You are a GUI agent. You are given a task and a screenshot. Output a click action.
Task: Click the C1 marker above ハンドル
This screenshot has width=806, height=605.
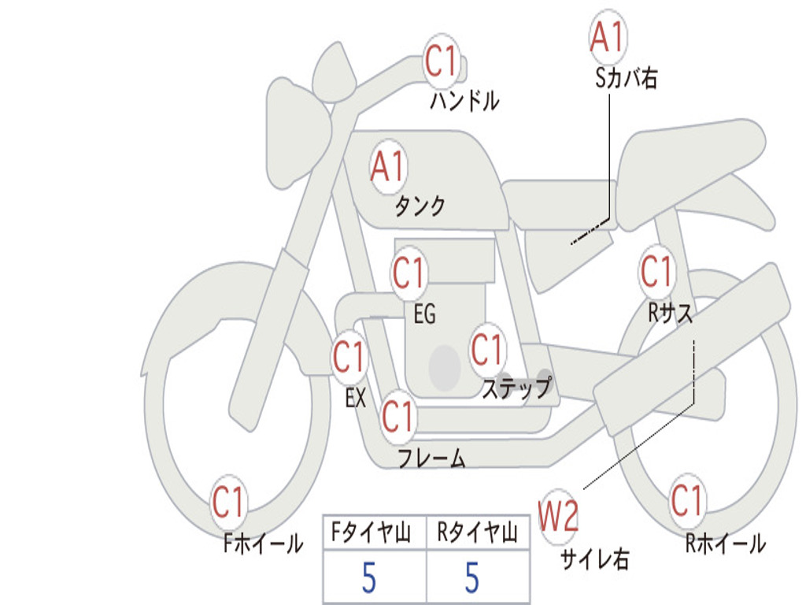click(x=442, y=61)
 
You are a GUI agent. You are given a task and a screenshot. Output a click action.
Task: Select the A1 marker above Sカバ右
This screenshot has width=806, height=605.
click(x=607, y=37)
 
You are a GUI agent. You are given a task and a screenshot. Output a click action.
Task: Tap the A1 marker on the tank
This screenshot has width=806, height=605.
click(x=387, y=166)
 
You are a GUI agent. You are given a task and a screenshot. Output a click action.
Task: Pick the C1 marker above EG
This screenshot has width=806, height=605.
click(x=409, y=274)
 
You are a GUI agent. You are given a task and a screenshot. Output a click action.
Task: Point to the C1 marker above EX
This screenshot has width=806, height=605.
click(x=349, y=358)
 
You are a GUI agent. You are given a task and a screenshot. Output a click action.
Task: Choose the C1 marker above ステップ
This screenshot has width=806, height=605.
click(x=486, y=350)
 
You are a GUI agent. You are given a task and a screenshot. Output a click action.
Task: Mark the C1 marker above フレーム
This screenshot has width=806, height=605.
click(x=397, y=416)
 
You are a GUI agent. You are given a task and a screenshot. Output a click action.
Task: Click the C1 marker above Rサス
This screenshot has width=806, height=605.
click(x=656, y=272)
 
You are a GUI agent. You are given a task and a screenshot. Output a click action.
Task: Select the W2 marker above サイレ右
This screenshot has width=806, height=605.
click(x=558, y=517)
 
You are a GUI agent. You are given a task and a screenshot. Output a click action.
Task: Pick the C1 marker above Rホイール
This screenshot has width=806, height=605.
click(x=687, y=500)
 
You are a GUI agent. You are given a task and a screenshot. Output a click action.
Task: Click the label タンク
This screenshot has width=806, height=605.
click(x=420, y=206)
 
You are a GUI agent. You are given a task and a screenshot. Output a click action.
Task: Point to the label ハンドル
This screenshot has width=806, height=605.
click(x=464, y=101)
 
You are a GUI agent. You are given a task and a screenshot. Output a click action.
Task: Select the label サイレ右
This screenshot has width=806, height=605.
click(x=594, y=559)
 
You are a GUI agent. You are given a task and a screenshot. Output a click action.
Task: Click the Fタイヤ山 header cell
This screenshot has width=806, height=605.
click(x=374, y=534)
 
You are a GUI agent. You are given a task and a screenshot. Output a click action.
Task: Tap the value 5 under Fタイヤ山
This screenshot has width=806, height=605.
click(x=369, y=577)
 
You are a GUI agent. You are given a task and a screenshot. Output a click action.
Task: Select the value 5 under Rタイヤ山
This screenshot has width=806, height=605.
click(x=471, y=577)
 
